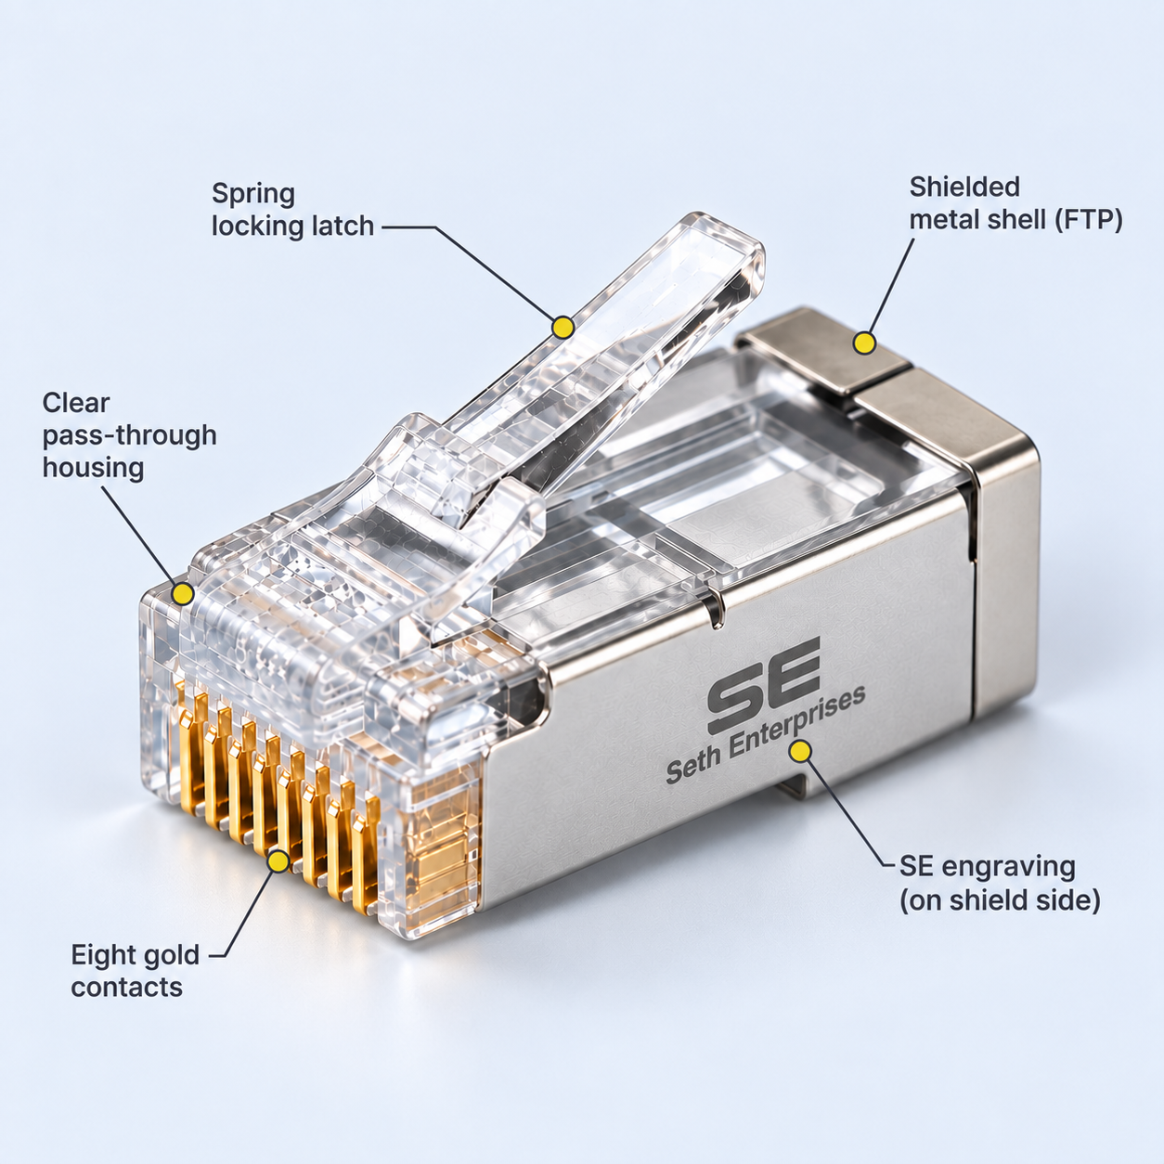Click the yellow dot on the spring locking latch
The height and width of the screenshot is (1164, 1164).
pyautogui.click(x=563, y=328)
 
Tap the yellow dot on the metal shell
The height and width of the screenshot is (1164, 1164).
pyautogui.click(x=864, y=343)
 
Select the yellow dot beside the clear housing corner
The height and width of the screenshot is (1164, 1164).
pyautogui.click(x=183, y=594)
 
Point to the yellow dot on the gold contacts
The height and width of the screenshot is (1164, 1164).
pyautogui.click(x=278, y=860)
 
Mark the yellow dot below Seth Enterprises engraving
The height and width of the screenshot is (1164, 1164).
pyautogui.click(x=801, y=751)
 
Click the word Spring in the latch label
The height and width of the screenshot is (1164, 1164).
pyautogui.click(x=253, y=195)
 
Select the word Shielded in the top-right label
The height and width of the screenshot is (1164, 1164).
pyautogui.click(x=964, y=187)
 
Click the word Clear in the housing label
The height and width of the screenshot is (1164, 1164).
pyautogui.click(x=76, y=403)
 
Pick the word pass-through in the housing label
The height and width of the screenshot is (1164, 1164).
pyautogui.click(x=130, y=436)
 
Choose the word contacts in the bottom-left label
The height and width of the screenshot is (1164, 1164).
pyautogui.click(x=127, y=988)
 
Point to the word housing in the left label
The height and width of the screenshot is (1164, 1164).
pyautogui.click(x=93, y=469)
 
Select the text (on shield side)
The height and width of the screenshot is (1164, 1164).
pyautogui.click(x=1001, y=901)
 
